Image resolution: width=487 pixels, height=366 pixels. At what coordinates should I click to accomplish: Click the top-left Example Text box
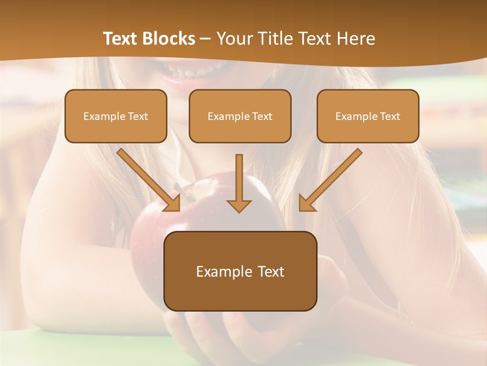(x=116, y=116)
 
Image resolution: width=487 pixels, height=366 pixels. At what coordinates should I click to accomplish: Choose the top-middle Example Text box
(x=240, y=116)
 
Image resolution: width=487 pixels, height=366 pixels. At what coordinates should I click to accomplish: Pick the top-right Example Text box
(x=368, y=116)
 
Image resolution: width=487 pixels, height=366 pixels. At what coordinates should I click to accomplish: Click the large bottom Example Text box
(x=240, y=271)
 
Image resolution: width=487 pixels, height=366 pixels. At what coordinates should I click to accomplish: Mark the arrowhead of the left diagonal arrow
(x=172, y=203)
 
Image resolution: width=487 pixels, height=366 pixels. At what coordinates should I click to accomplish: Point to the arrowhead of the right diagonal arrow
(x=306, y=203)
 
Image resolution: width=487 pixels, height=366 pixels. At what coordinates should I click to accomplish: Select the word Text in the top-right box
(x=390, y=116)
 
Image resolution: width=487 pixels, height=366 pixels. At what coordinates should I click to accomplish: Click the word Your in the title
(x=232, y=39)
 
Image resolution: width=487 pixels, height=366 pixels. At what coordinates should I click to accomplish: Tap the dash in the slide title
(x=205, y=39)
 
